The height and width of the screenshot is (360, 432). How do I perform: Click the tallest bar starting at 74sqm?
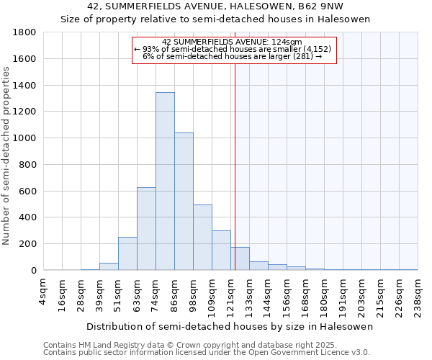point(165,181)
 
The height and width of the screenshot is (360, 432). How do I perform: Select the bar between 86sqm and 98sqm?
point(184,202)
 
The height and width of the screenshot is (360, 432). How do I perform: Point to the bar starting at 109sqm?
point(221,251)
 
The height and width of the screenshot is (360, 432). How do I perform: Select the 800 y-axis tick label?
point(27,165)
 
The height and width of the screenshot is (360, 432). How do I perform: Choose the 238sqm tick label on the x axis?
point(418,291)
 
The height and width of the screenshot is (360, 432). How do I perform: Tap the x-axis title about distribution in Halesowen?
point(230,326)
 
